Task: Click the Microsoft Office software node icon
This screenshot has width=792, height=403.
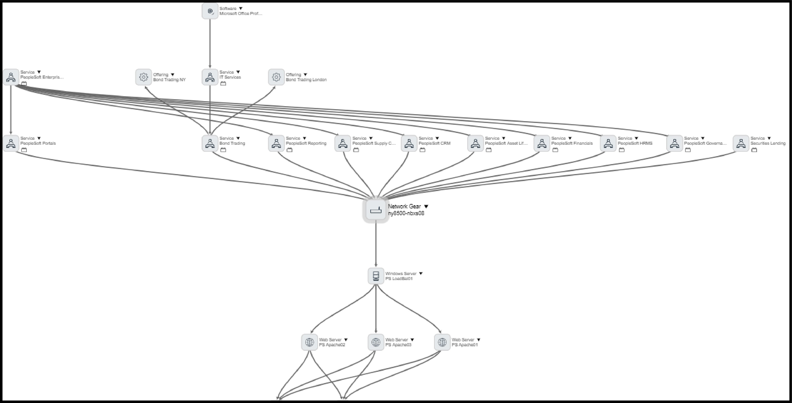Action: click(210, 11)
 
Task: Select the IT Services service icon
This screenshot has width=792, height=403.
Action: click(210, 77)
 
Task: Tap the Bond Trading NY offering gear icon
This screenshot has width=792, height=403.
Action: click(143, 77)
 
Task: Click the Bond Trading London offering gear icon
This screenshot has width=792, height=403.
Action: click(276, 77)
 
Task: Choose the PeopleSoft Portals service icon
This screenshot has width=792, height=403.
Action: click(11, 143)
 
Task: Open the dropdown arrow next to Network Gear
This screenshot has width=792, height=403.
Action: click(426, 206)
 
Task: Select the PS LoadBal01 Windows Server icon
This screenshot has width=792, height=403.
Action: click(376, 276)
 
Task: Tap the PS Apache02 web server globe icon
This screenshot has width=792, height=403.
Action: click(309, 342)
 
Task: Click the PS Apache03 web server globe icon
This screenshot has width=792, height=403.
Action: click(376, 342)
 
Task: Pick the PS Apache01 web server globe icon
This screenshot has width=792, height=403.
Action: click(442, 342)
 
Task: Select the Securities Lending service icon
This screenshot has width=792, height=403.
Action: click(741, 143)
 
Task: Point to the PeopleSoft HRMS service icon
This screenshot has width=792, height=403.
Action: click(608, 143)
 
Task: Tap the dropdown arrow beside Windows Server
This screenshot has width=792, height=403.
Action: click(421, 273)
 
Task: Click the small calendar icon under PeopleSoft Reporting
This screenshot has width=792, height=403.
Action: click(289, 150)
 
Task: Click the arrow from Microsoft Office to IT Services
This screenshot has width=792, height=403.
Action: click(210, 43)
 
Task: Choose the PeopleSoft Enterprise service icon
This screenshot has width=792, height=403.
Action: click(11, 77)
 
